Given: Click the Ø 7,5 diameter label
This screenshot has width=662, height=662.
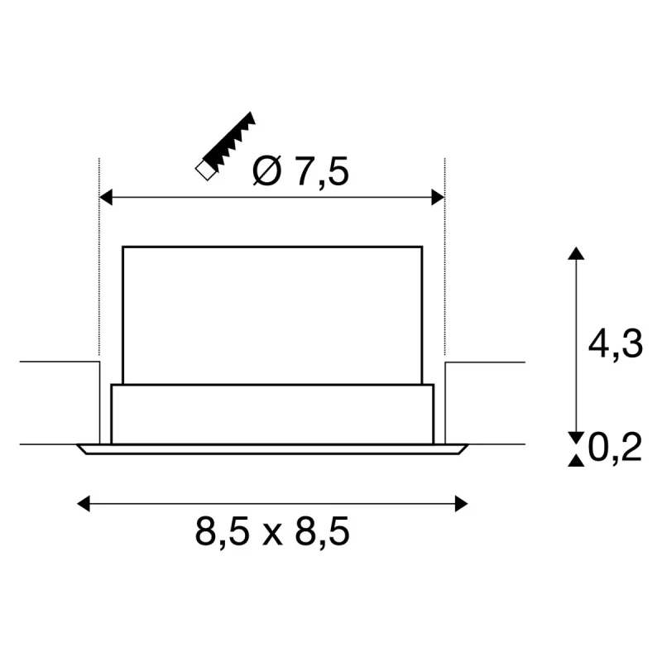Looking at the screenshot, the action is click(x=300, y=171).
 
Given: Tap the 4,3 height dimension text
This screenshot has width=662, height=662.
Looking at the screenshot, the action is click(x=615, y=343).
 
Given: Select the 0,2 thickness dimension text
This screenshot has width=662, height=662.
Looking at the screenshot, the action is click(x=615, y=447).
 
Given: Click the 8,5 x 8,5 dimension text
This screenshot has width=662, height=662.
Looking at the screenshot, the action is click(x=272, y=531).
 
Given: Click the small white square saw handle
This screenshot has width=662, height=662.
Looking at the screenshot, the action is click(x=205, y=170).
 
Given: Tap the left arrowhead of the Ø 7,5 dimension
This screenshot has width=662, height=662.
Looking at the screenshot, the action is click(x=106, y=197).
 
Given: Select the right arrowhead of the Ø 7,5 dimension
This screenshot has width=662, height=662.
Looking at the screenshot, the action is click(x=438, y=197).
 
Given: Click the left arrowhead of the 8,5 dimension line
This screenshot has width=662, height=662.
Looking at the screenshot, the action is click(x=84, y=504).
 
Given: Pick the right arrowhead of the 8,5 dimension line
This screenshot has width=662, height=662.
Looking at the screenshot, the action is click(x=461, y=504).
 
